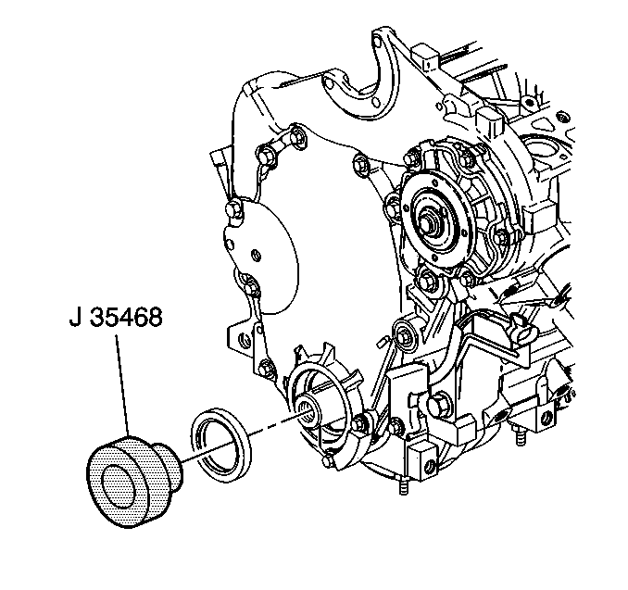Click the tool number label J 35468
tap(116, 317)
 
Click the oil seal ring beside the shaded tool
tap(221, 444)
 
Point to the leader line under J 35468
tap(123, 386)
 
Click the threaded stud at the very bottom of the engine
tap(404, 485)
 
